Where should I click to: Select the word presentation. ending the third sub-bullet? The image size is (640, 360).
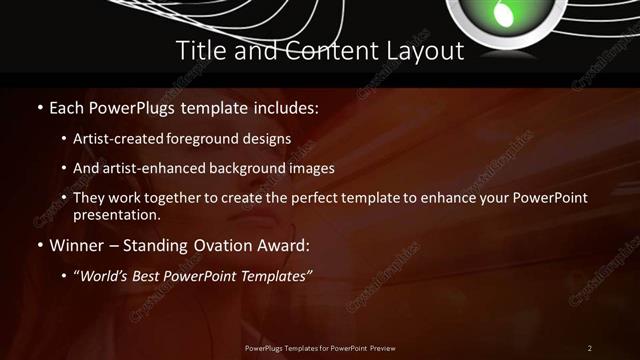pyautogui.click(x=116, y=214)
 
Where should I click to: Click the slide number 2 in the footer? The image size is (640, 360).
pyautogui.click(x=589, y=348)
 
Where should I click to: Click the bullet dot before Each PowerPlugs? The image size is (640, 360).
pyautogui.click(x=39, y=107)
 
